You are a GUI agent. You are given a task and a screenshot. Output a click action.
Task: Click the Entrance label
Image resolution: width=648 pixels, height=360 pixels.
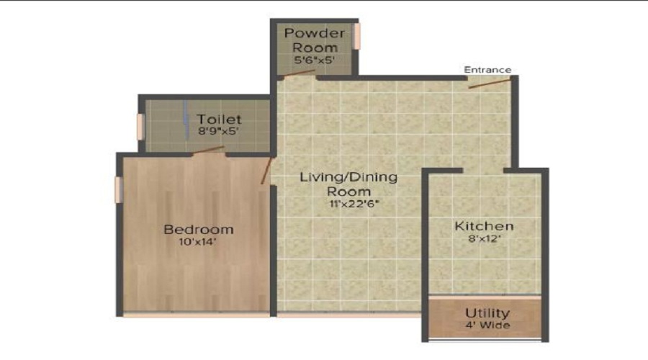pos(487,70)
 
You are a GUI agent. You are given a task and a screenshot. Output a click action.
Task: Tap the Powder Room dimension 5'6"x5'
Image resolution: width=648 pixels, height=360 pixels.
pos(314,60)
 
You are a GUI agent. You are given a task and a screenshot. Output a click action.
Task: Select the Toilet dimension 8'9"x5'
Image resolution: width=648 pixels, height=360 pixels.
pos(219,132)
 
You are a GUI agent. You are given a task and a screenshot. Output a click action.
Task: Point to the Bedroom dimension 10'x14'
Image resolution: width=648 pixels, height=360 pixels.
pos(197,242)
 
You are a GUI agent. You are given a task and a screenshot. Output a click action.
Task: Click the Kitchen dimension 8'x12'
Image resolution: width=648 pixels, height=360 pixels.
pos(485,238)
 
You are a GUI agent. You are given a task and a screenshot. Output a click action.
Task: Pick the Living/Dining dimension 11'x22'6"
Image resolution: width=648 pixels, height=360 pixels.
pos(354,203)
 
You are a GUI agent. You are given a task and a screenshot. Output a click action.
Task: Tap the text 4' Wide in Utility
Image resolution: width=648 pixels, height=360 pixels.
pos(487,325)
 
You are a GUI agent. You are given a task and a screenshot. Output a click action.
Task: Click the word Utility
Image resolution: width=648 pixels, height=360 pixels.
pos(487,313)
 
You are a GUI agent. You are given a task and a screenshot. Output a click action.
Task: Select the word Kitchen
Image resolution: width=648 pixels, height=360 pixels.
pos(485,226)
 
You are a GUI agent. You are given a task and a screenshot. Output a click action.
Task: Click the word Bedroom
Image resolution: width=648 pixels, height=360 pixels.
pos(199,230)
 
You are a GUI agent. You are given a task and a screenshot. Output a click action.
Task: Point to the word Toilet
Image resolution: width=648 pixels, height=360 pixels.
pos(219,120)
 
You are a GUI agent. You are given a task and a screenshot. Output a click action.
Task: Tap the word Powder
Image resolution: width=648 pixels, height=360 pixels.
pos(315,32)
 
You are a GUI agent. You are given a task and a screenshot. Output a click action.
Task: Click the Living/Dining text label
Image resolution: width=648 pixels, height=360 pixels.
pos(348,177)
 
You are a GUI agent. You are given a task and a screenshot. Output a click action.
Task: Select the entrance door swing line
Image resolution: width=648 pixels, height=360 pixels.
pos(490,83)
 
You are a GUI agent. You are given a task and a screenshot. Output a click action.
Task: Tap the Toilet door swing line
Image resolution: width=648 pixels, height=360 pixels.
pos(209,150)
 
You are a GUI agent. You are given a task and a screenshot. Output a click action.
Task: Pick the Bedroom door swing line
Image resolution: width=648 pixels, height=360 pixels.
pos(266,171)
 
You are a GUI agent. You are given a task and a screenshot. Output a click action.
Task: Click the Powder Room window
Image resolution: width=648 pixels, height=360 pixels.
pos(357,37)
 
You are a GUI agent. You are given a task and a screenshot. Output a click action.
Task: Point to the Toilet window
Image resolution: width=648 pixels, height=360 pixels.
pos(140,127)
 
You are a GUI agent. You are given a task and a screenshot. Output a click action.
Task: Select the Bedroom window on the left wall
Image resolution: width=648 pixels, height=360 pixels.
pos(118,189)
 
